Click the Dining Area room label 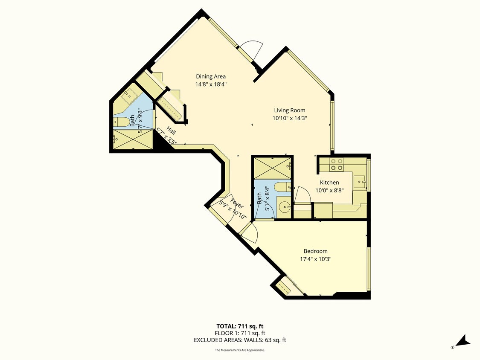tap(211, 77)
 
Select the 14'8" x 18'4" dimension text tap(211, 84)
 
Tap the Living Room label tap(290, 110)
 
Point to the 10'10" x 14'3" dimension tap(290, 118)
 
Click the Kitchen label tap(329, 183)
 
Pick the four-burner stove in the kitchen tap(337, 164)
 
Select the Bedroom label tap(315, 251)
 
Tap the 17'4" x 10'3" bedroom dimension tap(315, 259)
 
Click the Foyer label tap(237, 203)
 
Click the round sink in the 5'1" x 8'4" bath tap(283, 208)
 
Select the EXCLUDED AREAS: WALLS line tap(240, 340)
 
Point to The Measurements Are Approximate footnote tap(240, 350)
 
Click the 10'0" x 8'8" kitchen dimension tap(329, 191)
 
